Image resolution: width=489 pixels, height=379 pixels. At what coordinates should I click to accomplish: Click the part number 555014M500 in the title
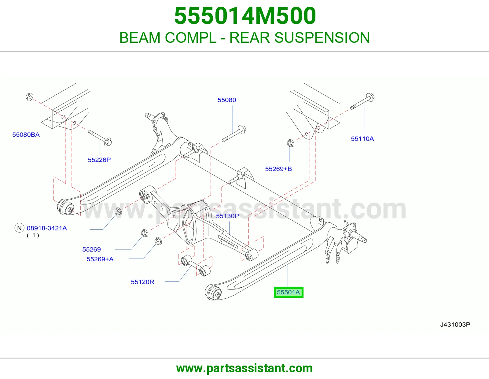[x=245, y=16]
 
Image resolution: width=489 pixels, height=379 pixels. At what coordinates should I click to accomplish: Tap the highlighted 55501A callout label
[x=289, y=293]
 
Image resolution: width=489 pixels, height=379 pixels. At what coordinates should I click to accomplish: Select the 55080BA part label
[x=26, y=134]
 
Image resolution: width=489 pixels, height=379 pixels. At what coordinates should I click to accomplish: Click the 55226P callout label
[x=99, y=160]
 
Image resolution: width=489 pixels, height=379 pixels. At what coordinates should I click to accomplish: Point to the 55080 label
[x=227, y=100]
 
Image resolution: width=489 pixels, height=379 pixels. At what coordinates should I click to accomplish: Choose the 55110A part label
[x=362, y=139]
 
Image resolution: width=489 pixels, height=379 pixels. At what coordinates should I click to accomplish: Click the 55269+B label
[x=278, y=169]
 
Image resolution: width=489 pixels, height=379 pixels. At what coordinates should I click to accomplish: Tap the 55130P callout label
[x=227, y=216]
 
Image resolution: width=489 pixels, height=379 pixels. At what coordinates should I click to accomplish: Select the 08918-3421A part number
[x=47, y=228]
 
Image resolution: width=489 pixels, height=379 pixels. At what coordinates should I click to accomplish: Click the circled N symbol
[x=19, y=228]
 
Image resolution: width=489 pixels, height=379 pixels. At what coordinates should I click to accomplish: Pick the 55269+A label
[x=100, y=259]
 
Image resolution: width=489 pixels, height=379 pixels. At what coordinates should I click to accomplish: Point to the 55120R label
[x=142, y=282]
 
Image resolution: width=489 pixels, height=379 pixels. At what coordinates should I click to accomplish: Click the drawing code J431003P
[x=455, y=325]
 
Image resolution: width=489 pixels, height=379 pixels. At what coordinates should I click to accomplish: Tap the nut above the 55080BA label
[x=29, y=97]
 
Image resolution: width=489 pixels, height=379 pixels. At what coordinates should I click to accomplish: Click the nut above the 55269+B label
[x=291, y=143]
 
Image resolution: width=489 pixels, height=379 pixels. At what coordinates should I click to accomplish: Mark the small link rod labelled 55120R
[x=196, y=265]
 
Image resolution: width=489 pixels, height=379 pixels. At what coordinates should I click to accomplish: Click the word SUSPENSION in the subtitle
[x=322, y=37]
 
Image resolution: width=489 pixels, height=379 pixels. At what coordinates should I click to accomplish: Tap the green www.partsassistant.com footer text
[x=244, y=368]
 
